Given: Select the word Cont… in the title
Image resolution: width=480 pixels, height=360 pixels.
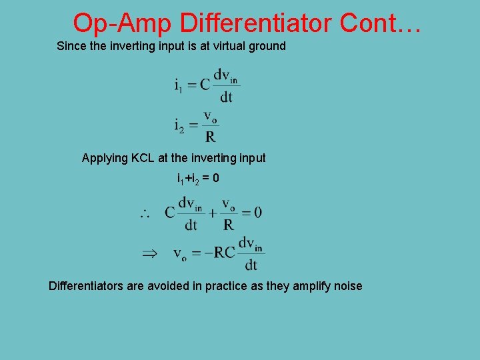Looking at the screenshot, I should point(381,23).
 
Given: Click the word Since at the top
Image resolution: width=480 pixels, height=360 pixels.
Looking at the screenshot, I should point(71,46).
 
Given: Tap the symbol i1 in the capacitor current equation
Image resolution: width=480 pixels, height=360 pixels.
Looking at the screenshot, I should point(179,85).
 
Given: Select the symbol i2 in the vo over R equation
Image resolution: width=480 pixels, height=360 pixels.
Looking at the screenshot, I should point(179,125).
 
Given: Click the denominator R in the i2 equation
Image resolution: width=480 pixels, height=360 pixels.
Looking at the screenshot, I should point(211,137).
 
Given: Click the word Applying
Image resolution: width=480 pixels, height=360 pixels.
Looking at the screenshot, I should point(105,159).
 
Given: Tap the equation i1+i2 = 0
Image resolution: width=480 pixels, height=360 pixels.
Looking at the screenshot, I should point(198,179).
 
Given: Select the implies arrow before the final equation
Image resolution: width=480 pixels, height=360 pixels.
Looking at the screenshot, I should point(149,253).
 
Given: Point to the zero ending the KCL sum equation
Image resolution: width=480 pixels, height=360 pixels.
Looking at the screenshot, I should point(257,213).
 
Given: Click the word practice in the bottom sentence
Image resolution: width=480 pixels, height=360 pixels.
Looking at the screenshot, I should point(227,287).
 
